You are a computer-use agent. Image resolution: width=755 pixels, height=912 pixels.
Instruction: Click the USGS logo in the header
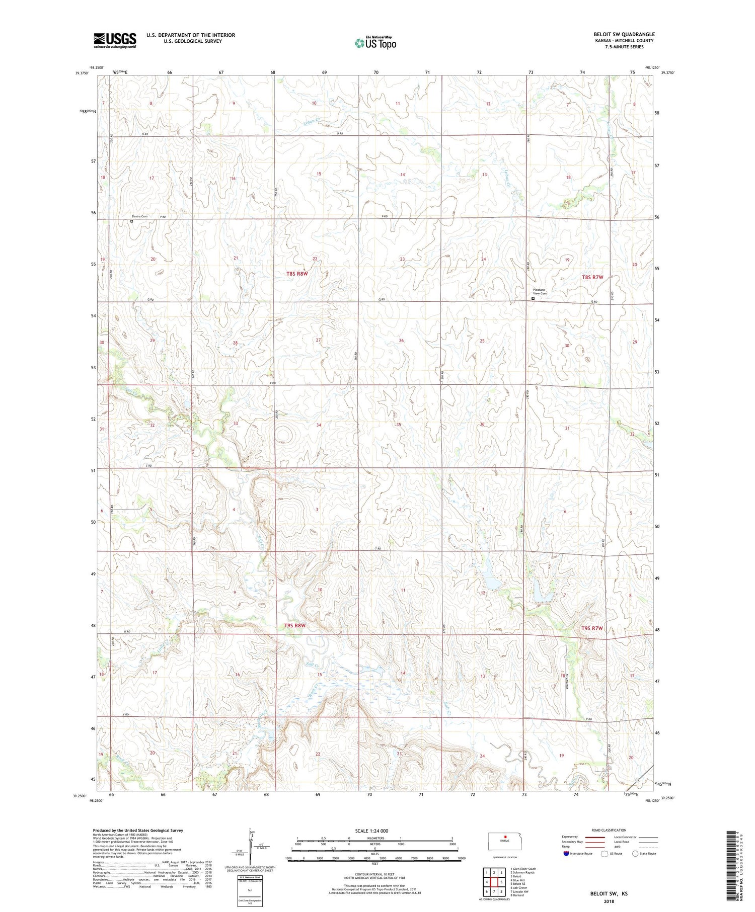pyautogui.click(x=115, y=40)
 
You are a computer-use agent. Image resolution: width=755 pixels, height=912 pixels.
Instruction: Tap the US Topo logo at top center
pyautogui.click(x=375, y=43)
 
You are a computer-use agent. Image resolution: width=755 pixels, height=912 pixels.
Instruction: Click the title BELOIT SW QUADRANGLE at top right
pyautogui.click(x=624, y=34)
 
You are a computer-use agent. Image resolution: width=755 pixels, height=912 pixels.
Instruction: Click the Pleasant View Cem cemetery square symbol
pyautogui.click(x=533, y=298)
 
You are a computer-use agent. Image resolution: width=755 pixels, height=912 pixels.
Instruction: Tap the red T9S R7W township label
pyautogui.click(x=592, y=628)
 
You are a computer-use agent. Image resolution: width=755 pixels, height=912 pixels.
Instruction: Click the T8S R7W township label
pyautogui.click(x=592, y=277)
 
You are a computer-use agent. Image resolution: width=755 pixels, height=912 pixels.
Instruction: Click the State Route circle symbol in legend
pyautogui.click(x=636, y=853)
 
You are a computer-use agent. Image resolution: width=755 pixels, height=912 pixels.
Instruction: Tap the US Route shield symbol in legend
pyautogui.click(x=605, y=853)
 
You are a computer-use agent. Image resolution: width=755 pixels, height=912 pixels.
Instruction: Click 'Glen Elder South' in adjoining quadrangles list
pyautogui.click(x=523, y=869)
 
